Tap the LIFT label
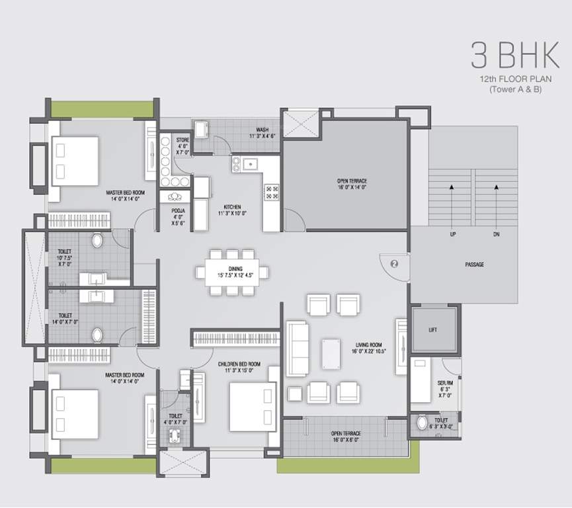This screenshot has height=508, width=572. click(432, 329)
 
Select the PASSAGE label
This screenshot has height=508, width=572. click(474, 265)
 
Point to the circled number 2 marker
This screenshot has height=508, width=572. click(395, 263)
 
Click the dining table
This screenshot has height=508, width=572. click(233, 272)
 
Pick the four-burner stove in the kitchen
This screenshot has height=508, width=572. click(272, 192)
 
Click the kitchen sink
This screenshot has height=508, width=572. click(249, 164)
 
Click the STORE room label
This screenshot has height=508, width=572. click(183, 140)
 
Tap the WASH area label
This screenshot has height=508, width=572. click(261, 130)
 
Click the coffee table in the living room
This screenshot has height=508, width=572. click(331, 353)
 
